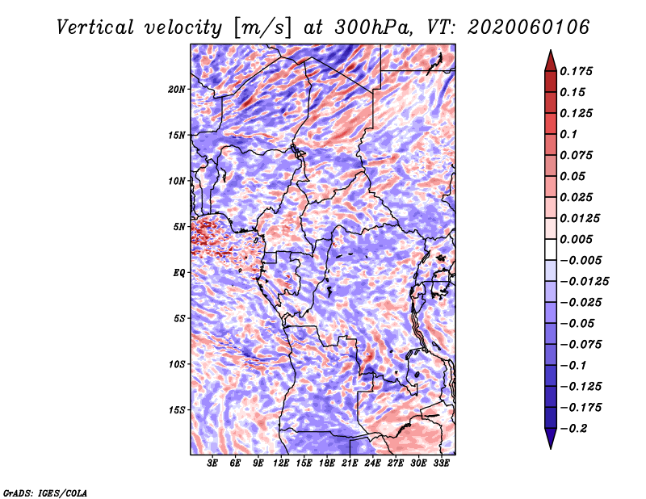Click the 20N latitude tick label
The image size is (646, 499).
click(176, 90)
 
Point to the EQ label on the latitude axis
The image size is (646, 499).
click(178, 273)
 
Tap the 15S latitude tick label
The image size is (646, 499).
click(177, 410)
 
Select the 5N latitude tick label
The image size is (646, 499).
click(179, 227)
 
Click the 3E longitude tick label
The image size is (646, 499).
click(212, 463)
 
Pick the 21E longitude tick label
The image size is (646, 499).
click(350, 463)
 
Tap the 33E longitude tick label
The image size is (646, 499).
click(441, 463)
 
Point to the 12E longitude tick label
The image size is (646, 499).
click(280, 463)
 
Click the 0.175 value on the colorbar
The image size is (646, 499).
click(576, 71)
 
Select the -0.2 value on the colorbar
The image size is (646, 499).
click(573, 429)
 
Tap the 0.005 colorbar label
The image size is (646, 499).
click(576, 239)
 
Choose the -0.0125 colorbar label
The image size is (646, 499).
click(584, 282)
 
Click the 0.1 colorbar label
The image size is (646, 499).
click(568, 134)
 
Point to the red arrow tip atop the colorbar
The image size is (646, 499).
click(551, 51)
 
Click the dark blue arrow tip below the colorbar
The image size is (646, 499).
click(551, 447)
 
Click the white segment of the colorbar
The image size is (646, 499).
click(551, 249)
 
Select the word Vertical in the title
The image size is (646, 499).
click(95, 27)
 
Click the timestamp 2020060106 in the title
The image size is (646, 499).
click(529, 27)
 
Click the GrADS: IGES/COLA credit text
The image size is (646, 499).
click(45, 493)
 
